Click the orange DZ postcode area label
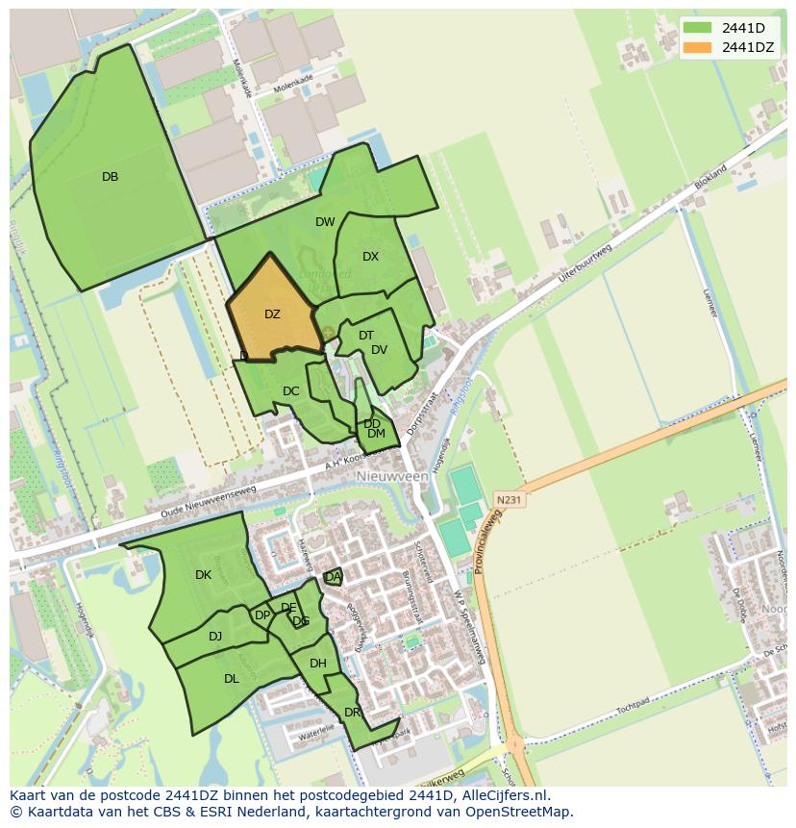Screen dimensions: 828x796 point(272,314)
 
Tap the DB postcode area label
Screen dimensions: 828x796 point(110,177)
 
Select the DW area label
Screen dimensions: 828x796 point(325,222)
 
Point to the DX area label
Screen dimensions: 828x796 point(370,257)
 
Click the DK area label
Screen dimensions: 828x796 point(203,575)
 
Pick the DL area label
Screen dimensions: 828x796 point(231,679)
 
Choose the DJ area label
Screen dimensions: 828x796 point(215,636)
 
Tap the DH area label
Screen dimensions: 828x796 point(318,664)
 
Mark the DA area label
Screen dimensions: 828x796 point(333,577)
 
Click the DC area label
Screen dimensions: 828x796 point(290,391)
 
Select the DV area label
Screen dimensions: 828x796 point(379,350)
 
